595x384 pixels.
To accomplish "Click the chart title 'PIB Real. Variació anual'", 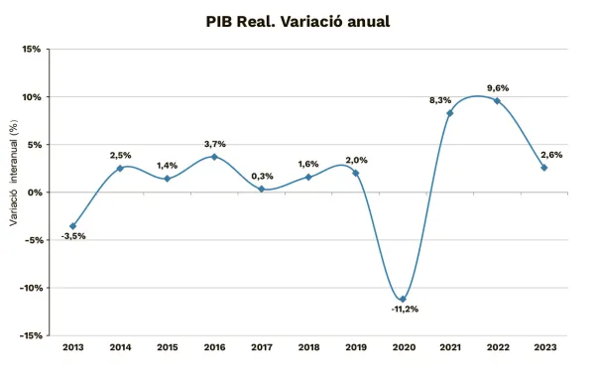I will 297,20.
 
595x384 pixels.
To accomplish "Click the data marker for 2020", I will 403,299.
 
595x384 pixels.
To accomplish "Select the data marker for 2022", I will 497,100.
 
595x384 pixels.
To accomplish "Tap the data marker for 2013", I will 72,226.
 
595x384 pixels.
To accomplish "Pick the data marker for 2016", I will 214,157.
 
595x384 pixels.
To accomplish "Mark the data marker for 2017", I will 262,189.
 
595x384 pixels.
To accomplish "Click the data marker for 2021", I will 450,113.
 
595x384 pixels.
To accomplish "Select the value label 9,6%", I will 497,87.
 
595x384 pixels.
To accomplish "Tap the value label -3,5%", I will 72,236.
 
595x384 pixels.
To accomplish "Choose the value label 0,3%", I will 263,176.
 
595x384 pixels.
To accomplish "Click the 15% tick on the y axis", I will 31,49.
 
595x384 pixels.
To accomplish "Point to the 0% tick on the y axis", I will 33,192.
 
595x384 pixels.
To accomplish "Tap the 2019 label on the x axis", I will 356,348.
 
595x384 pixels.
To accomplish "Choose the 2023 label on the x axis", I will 544,348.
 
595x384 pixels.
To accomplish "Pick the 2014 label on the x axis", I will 120,348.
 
